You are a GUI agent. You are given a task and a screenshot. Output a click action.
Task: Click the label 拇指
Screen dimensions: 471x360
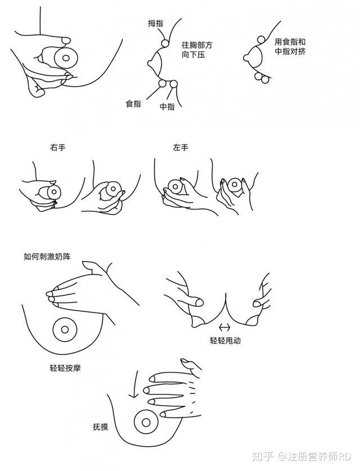click(x=155, y=23)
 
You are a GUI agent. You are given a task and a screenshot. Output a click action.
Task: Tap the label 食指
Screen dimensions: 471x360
click(x=133, y=104)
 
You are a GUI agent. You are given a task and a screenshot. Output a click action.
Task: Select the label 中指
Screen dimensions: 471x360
click(x=167, y=106)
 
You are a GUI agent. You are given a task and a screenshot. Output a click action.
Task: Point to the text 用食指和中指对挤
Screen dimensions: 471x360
click(x=290, y=46)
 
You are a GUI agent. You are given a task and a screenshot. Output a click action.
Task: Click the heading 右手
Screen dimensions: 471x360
click(x=58, y=147)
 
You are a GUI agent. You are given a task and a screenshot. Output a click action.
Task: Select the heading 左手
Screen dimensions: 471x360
click(x=181, y=147)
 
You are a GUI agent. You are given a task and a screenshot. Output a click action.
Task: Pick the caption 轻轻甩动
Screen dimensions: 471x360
click(x=225, y=340)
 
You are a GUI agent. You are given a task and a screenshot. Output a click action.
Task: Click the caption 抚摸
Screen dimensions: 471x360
click(x=101, y=427)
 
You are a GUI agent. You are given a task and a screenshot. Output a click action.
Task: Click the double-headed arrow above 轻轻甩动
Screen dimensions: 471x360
click(x=225, y=327)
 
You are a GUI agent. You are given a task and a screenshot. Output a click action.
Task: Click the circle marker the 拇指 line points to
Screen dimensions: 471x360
click(x=165, y=43)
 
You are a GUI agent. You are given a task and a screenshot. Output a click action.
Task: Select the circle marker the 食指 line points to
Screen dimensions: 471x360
click(x=163, y=83)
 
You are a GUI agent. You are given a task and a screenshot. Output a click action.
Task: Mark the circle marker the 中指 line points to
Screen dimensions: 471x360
click(x=173, y=84)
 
